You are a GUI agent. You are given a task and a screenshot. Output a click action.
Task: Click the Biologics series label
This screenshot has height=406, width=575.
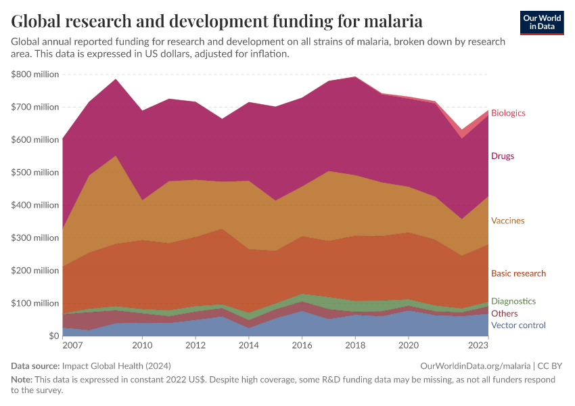tap(508, 113)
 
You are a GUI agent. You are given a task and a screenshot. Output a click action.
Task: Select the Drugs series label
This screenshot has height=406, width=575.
tap(503, 156)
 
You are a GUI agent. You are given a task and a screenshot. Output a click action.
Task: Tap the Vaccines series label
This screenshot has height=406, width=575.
tap(507, 221)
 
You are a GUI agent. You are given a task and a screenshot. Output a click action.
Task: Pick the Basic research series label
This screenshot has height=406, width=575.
tap(518, 273)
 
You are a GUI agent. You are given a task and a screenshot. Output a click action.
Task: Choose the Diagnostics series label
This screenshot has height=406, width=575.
tap(513, 301)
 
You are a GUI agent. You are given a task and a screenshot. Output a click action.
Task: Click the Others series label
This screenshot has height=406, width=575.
tap(504, 313)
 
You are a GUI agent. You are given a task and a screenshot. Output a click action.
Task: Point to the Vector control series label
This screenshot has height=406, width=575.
tap(518, 325)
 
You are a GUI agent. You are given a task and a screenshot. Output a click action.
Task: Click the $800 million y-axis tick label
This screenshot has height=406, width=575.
tap(35, 74)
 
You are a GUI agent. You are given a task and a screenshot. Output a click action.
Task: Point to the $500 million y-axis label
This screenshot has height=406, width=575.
tap(35, 173)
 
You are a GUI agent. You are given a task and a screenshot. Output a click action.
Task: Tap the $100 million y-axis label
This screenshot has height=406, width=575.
tap(35, 303)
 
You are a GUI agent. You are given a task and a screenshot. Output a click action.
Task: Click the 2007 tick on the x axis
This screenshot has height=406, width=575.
tap(72, 346)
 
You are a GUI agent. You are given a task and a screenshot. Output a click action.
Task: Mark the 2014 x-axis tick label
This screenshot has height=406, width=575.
tap(248, 346)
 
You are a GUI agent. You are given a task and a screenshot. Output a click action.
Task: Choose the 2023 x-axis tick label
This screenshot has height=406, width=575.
tap(478, 346)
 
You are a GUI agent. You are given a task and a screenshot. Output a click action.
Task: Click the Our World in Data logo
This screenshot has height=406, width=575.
tap(542, 22)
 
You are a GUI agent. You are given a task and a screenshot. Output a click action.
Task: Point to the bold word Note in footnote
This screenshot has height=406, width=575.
tap(22, 380)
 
